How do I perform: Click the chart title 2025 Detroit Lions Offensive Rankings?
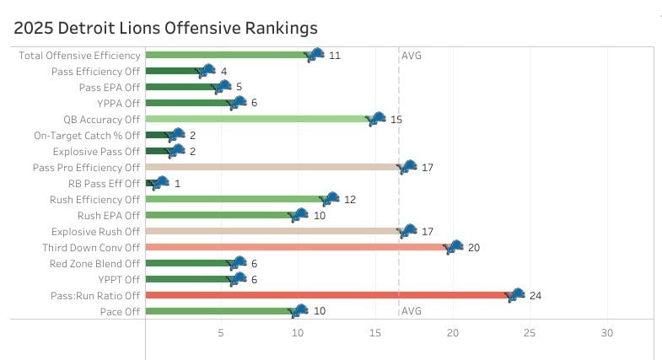pyautogui.click(x=165, y=28)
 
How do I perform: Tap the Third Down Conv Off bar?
pyautogui.click(x=295, y=247)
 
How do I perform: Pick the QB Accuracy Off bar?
pyautogui.click(x=257, y=119)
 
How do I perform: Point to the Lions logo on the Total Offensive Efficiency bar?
pyautogui.click(x=315, y=55)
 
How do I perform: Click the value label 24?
pyautogui.click(x=535, y=295)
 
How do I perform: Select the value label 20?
pyautogui.click(x=473, y=247)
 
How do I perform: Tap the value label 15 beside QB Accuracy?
pyautogui.click(x=396, y=120)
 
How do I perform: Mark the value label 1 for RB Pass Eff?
pyautogui.click(x=178, y=183)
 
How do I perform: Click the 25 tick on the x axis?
pyautogui.click(x=530, y=333)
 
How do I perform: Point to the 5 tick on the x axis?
pyautogui.click(x=222, y=333)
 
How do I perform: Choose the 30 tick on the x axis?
pyautogui.click(x=607, y=333)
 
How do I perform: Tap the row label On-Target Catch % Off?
pyautogui.click(x=87, y=135)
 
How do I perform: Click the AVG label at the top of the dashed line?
pyautogui.click(x=412, y=56)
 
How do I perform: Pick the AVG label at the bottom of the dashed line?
pyautogui.click(x=412, y=311)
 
